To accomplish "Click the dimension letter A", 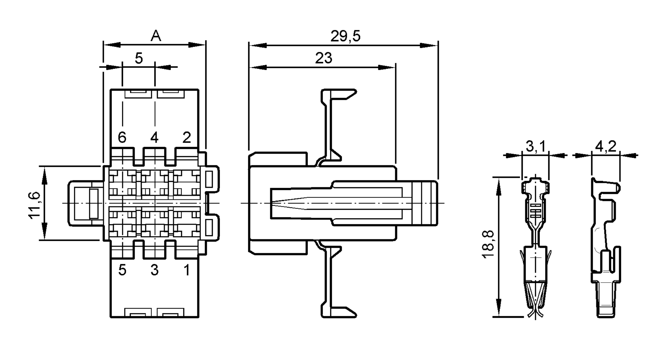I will click(x=156, y=36).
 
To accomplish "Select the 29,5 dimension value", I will click(x=345, y=36).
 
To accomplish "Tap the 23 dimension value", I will click(x=324, y=59).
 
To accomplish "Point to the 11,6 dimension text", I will click(x=35, y=205).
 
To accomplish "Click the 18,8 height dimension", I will click(x=488, y=244).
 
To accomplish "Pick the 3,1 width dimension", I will click(x=535, y=146).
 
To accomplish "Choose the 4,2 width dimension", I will click(x=605, y=146).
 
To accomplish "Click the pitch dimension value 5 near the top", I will click(x=139, y=59).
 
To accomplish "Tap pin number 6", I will click(x=122, y=137).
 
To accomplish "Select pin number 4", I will click(x=154, y=137).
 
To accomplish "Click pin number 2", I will click(x=187, y=137).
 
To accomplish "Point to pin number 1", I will click(x=187, y=270).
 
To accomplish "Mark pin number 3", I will click(x=154, y=270).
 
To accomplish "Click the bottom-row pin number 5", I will click(x=122, y=270).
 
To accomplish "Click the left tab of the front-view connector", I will click(x=83, y=203).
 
